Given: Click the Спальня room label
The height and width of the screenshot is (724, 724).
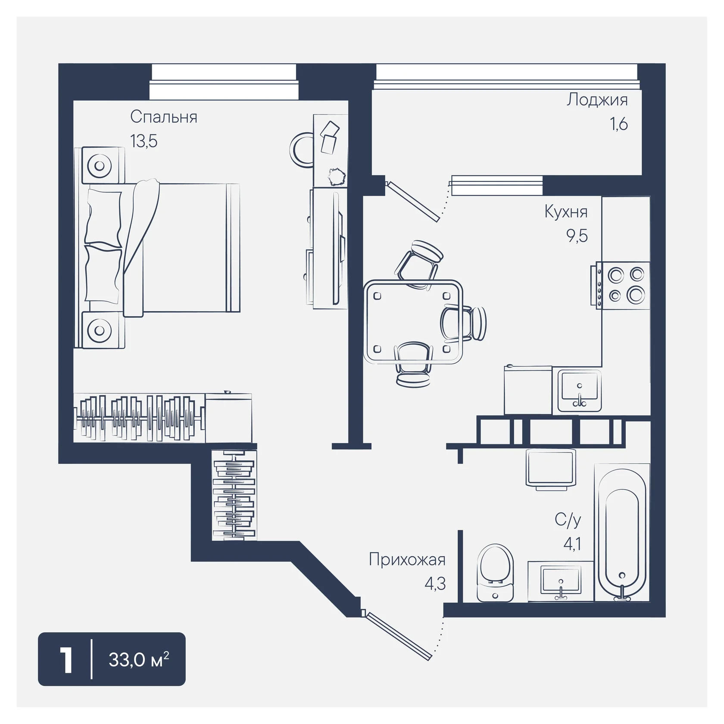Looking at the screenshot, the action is pyautogui.click(x=164, y=117).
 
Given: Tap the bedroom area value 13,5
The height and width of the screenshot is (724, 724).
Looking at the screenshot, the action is pyautogui.click(x=144, y=141).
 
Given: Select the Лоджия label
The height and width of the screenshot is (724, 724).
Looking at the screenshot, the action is pyautogui.click(x=597, y=100).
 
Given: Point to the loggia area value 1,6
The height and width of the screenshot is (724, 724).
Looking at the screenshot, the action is pyautogui.click(x=618, y=124).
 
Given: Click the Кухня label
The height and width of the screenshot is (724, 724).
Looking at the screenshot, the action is pyautogui.click(x=566, y=212).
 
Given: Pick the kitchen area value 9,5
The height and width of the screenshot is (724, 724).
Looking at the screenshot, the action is pyautogui.click(x=577, y=236).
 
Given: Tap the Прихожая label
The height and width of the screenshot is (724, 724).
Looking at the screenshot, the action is pyautogui.click(x=407, y=560).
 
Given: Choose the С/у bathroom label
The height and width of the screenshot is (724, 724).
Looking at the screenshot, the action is pyautogui.click(x=568, y=521).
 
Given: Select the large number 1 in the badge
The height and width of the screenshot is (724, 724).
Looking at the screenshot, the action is pyautogui.click(x=66, y=660).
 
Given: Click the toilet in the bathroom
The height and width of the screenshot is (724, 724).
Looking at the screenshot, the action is pyautogui.click(x=496, y=573).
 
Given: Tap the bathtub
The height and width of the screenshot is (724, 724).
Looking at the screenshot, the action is pyautogui.click(x=622, y=533).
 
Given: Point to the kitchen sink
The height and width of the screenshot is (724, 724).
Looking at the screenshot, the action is pyautogui.click(x=580, y=390).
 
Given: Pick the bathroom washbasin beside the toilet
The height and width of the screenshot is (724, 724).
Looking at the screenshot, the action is pyautogui.click(x=561, y=581).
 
